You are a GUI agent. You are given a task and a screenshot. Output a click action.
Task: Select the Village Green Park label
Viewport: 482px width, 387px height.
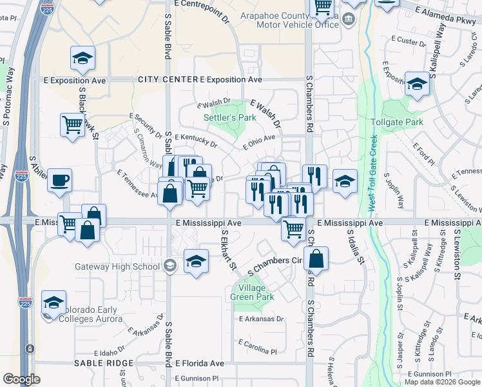pyautogui.click(x=253, y=293)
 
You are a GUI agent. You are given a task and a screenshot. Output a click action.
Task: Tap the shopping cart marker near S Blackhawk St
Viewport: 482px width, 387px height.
pyautogui.click(x=73, y=124)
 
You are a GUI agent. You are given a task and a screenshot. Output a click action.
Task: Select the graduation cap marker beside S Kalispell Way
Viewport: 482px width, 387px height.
pyautogui.click(x=418, y=84)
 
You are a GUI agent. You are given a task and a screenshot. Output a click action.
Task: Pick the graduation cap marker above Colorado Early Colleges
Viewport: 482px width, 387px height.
pyautogui.click(x=54, y=302)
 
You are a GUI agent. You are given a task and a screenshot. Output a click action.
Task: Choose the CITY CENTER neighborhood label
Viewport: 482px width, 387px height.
pyautogui.click(x=168, y=79)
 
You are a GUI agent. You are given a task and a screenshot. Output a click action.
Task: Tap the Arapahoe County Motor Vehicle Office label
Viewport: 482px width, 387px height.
pyautogui.click(x=289, y=20)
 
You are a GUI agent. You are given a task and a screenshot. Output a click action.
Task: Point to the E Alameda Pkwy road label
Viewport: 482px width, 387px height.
pyautogui.click(x=445, y=20)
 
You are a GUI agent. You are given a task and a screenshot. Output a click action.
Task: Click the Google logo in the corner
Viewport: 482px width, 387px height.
pyautogui.click(x=21, y=379)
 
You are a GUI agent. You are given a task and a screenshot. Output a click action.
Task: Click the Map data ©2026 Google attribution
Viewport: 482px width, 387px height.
pyautogui.click(x=441, y=382)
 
